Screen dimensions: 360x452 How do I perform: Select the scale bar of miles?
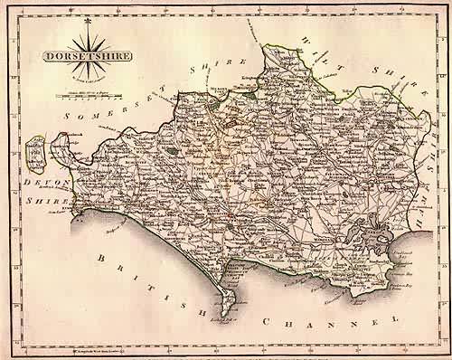[84, 90]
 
